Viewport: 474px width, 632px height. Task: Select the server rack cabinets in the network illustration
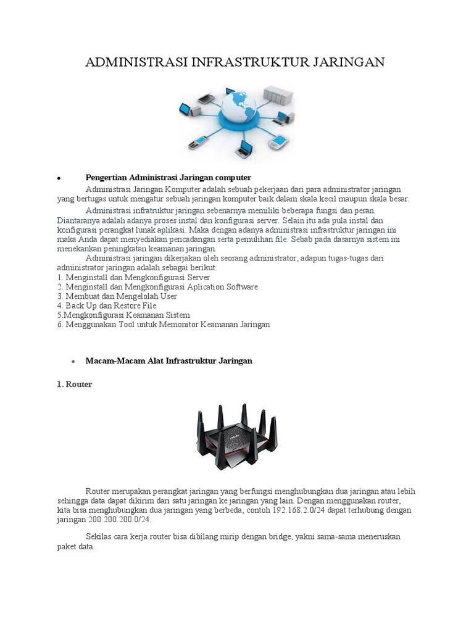(x=278, y=96)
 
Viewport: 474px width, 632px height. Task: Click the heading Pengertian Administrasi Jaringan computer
(x=168, y=178)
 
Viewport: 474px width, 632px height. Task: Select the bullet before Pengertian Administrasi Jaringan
(x=57, y=178)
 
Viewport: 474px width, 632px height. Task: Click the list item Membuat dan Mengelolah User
(x=117, y=296)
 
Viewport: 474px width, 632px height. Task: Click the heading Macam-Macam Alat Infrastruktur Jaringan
(x=169, y=360)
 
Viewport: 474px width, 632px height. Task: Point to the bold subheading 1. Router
(x=74, y=384)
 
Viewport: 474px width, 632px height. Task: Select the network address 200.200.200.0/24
(x=115, y=520)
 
